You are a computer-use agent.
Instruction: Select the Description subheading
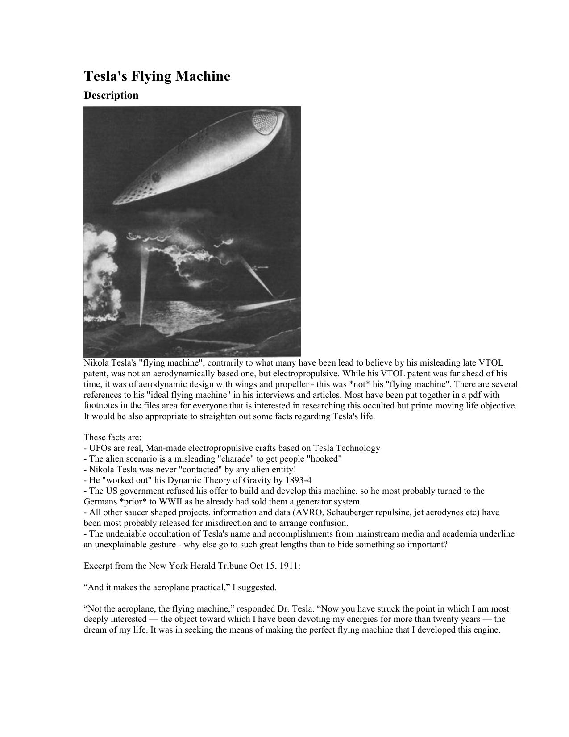coord(111,95)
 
